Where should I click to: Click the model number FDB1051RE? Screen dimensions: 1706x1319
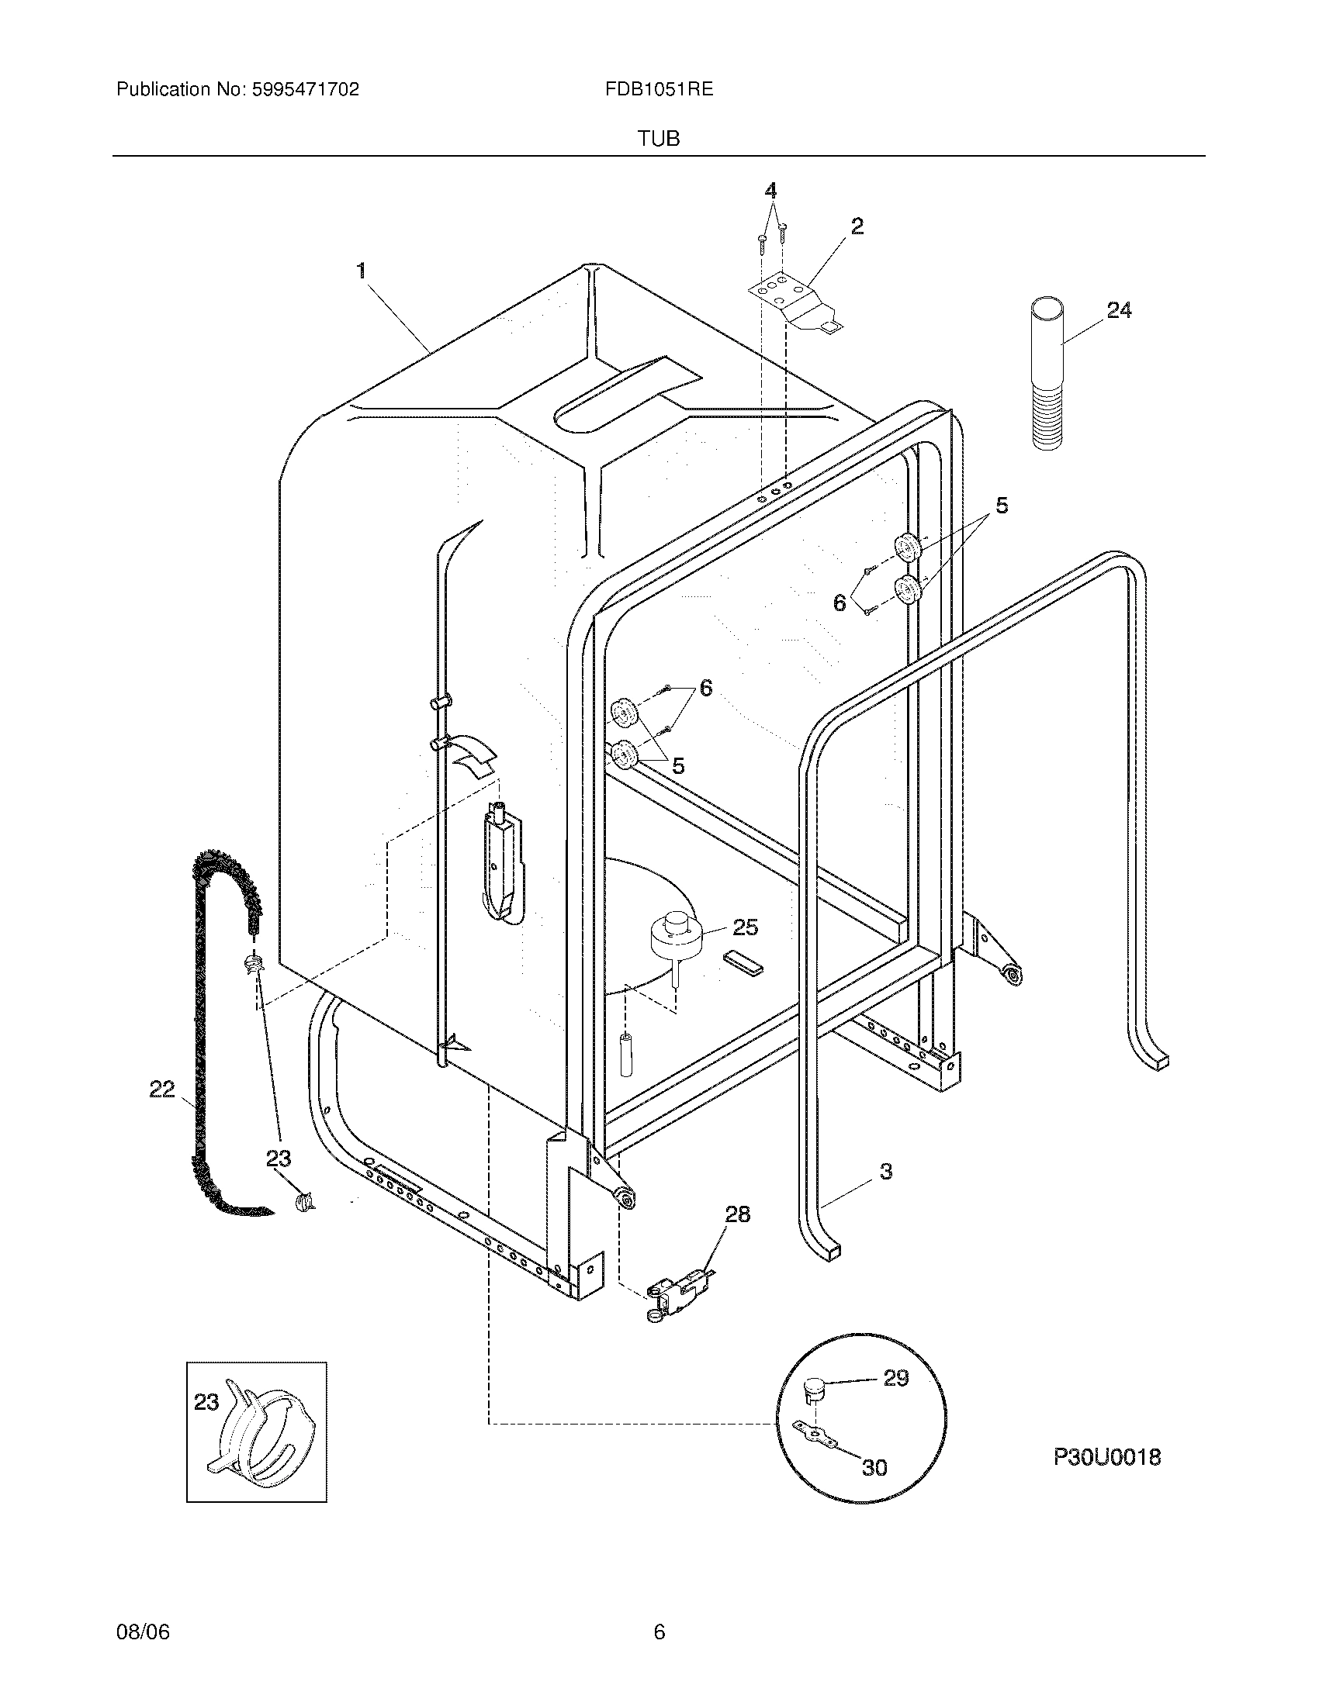tap(659, 89)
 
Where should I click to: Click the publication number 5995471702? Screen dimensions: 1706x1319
tap(306, 89)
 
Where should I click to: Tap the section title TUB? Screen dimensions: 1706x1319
tap(659, 139)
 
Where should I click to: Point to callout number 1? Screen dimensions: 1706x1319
tap(361, 271)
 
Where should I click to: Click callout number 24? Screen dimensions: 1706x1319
tap(1119, 311)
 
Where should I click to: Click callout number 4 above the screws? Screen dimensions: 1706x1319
tap(771, 191)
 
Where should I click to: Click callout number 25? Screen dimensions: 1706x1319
tap(746, 927)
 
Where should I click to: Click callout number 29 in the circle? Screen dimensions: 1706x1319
tap(896, 1379)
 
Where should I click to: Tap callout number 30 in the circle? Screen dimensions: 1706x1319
tap(874, 1468)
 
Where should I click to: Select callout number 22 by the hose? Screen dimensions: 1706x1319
tap(161, 1089)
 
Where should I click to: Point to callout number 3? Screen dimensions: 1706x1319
tap(885, 1193)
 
